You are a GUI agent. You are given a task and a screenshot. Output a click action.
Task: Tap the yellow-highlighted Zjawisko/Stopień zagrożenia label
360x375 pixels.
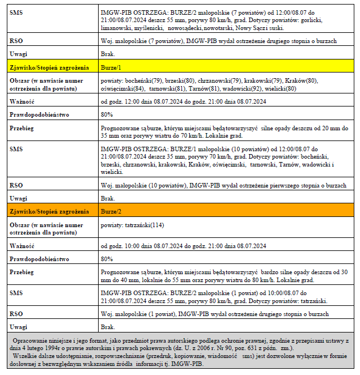tap(49, 67)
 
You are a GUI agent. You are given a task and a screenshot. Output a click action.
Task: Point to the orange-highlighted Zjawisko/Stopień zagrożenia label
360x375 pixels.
tap(49, 211)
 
